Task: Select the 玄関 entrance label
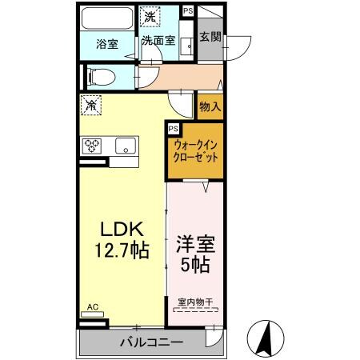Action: point(210,37)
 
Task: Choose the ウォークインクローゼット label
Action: point(194,152)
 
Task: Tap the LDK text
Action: point(121,226)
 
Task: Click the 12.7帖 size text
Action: point(121,250)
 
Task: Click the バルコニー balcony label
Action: point(151,342)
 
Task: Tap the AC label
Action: point(92,306)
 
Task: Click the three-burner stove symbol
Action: point(92,146)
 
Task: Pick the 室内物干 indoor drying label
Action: point(195,302)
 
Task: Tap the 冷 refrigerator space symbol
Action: point(92,104)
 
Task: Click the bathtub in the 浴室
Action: point(110,18)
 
